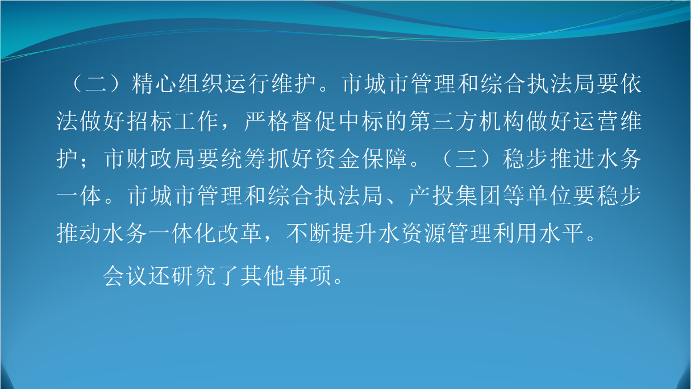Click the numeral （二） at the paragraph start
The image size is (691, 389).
97,84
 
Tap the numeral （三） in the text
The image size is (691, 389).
467,159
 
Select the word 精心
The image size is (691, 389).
154,84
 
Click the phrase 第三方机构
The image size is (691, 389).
467,121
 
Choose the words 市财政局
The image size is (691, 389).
149,159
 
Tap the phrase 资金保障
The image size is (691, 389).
361,159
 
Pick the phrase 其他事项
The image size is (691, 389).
286,275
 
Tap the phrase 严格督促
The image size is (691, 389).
290,121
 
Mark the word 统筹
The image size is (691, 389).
243,159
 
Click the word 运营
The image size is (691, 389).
596,121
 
